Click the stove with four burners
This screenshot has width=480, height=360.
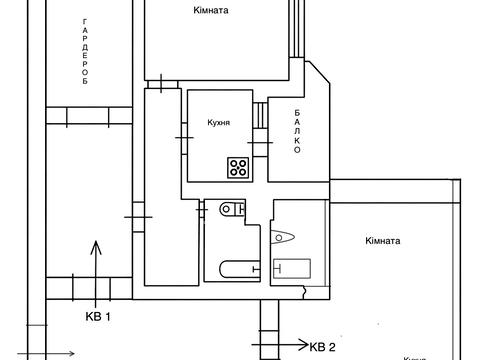click(238, 167)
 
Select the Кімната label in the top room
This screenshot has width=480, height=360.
click(211, 10)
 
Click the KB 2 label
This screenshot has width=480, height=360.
click(321, 347)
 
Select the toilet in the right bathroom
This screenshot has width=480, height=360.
click(284, 238)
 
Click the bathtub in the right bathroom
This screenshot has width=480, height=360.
click(291, 268)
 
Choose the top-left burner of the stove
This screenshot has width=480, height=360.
click(233, 162)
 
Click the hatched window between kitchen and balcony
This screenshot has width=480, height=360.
click(261, 114)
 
